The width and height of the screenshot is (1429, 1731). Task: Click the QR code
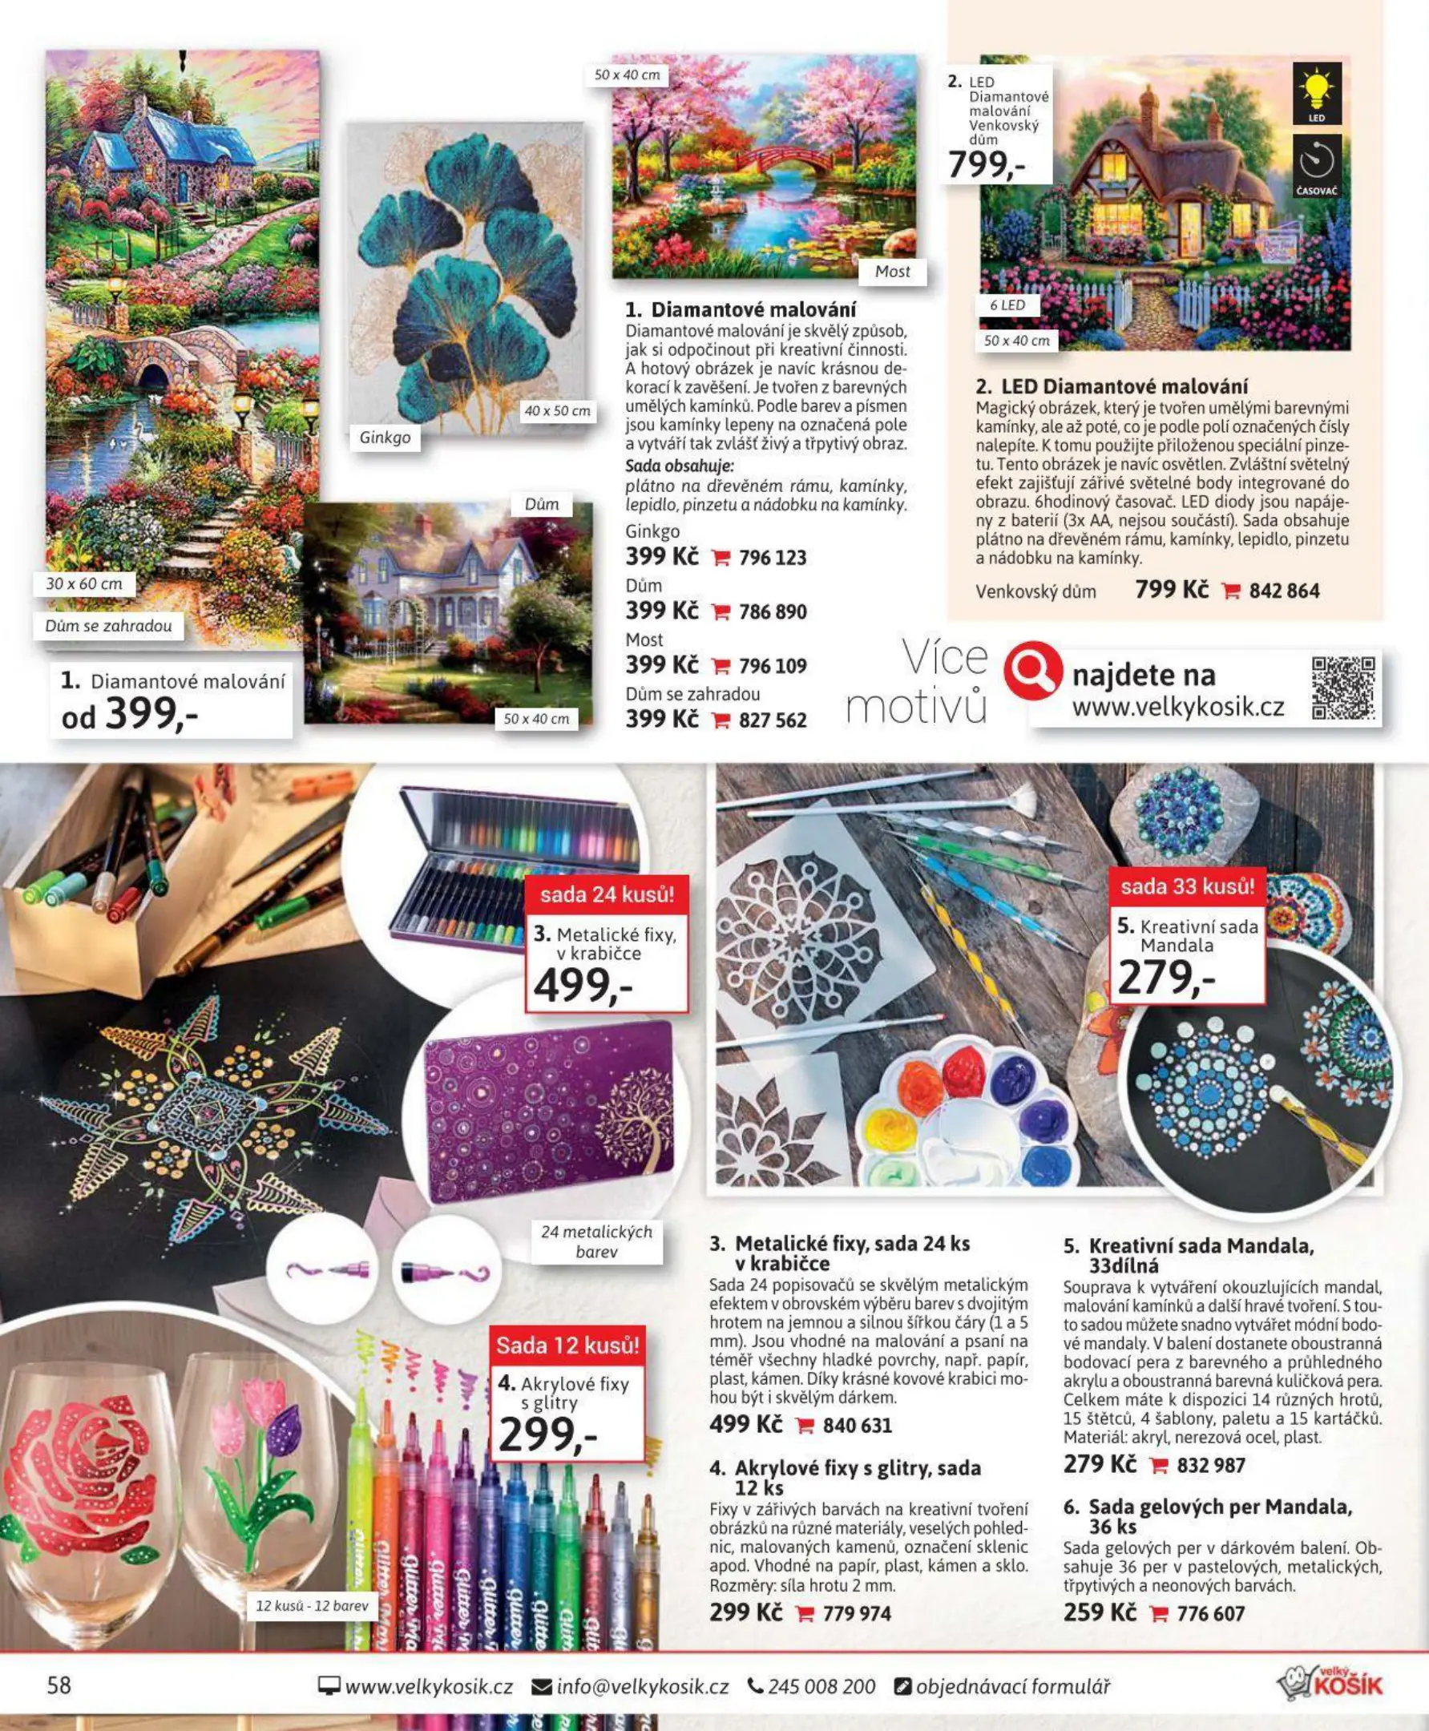tap(1342, 688)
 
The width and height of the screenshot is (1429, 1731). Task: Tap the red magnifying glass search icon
tap(1032, 671)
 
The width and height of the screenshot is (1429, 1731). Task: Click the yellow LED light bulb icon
tap(1316, 92)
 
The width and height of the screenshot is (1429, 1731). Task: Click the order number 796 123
tap(772, 558)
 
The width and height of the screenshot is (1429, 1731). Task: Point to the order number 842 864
tap(1284, 591)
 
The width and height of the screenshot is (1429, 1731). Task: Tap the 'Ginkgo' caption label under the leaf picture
tap(385, 437)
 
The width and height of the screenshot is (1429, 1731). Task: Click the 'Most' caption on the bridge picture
tap(892, 272)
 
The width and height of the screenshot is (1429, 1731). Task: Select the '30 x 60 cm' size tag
tap(84, 583)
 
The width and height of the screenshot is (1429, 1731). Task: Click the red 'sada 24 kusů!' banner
tap(607, 894)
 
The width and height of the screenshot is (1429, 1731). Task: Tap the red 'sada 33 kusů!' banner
tap(1187, 886)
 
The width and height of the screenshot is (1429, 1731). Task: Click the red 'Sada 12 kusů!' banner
tap(567, 1346)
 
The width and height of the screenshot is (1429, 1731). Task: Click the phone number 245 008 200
tap(821, 1687)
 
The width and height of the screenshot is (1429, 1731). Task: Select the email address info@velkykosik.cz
tap(642, 1687)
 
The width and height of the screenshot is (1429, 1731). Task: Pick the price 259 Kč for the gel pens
tap(1099, 1612)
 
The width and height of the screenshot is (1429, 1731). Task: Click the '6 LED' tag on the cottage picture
tap(1007, 305)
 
